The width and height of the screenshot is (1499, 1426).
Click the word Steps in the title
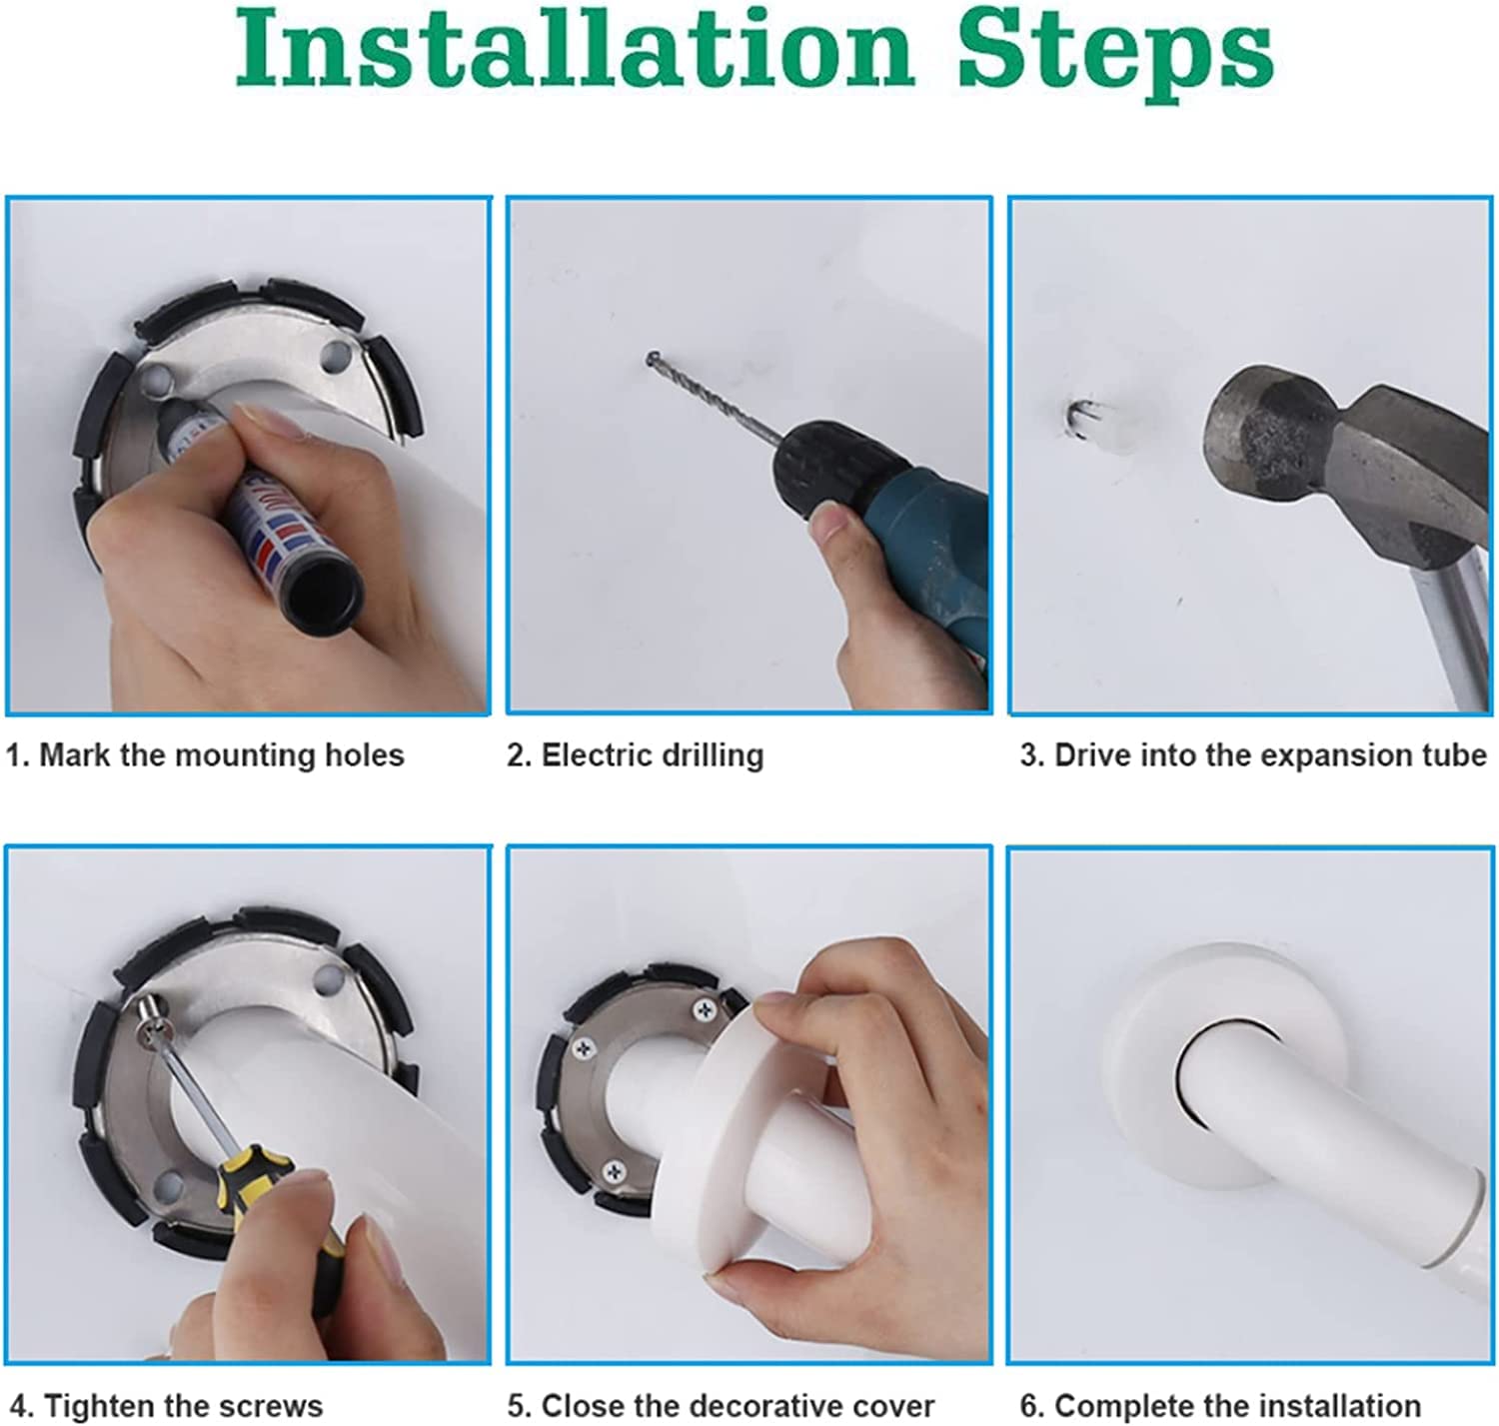tap(1115, 56)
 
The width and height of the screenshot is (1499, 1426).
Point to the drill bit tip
tap(652, 356)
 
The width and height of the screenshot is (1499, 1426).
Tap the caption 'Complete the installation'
tap(1221, 1405)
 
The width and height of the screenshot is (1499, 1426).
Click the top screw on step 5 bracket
tap(704, 1011)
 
